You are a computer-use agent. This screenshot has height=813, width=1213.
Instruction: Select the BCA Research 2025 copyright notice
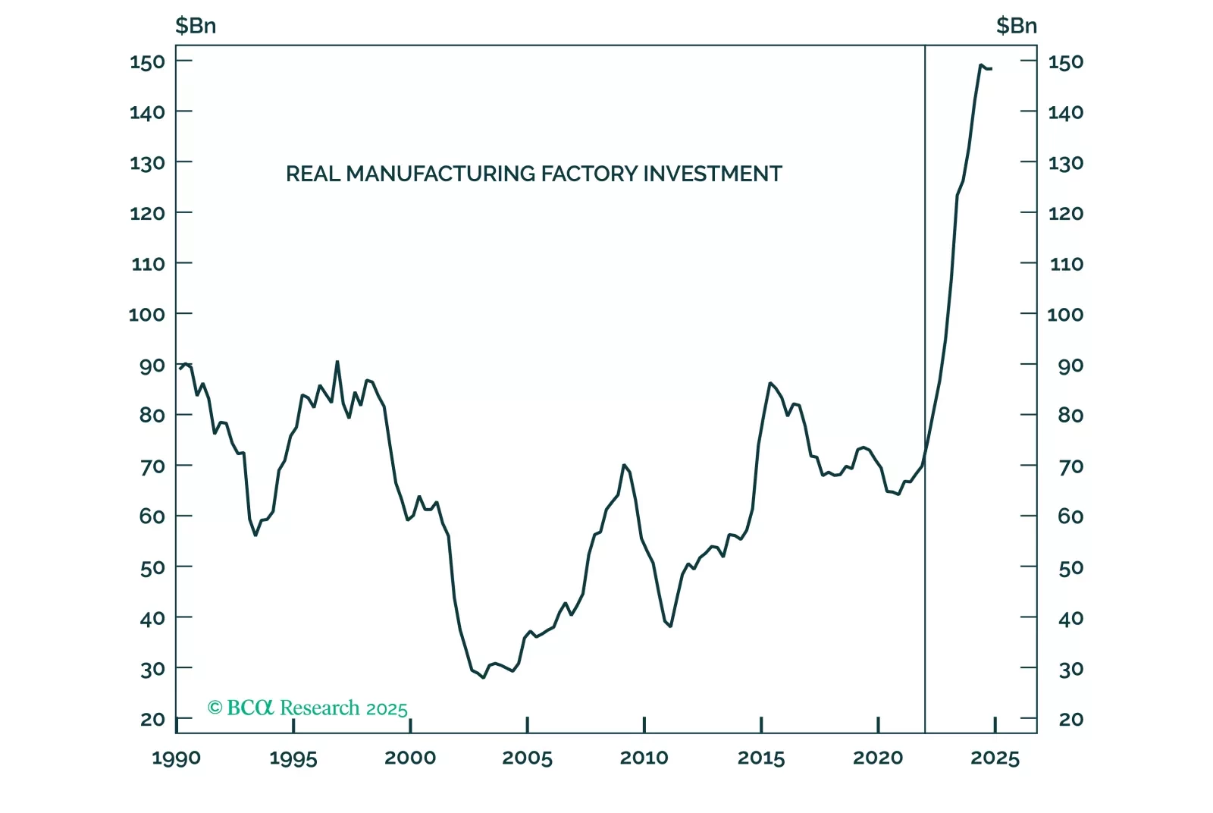point(308,708)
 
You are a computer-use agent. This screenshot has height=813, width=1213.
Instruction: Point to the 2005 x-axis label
point(527,758)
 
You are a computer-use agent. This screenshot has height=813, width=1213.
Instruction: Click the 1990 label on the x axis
point(176,758)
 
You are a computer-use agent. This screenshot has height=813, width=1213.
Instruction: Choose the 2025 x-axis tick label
point(995,758)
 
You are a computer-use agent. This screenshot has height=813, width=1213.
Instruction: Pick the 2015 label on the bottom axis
point(761,758)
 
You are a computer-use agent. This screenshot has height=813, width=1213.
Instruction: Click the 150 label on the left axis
point(147,61)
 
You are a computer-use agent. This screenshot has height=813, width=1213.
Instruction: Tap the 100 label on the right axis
point(1065,314)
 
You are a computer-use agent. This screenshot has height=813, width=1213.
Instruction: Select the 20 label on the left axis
point(152,719)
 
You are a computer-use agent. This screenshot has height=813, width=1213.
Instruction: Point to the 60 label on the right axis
point(1070,516)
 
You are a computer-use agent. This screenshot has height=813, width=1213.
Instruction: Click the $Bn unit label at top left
point(196,26)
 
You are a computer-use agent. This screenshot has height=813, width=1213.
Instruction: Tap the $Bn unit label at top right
point(1016,26)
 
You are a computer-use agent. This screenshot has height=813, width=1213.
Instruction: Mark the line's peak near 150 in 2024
point(980,65)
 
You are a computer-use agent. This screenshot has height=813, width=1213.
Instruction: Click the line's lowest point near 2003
point(483,677)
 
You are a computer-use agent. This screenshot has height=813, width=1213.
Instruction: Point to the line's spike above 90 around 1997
point(337,362)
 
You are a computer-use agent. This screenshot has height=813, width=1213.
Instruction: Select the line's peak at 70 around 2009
point(623,465)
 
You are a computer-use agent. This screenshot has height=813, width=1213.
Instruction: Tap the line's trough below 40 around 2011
point(670,626)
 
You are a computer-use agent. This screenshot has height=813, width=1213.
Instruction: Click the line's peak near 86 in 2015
point(769,383)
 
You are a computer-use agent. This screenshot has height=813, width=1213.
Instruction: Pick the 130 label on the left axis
point(147,163)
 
